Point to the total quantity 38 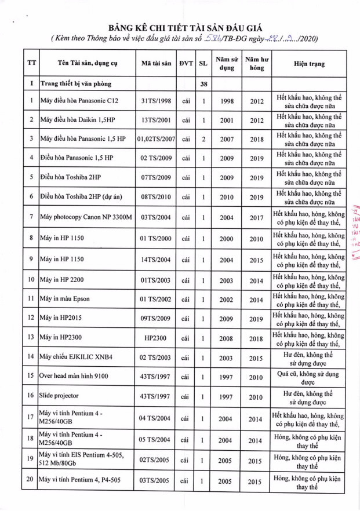(x=203, y=84)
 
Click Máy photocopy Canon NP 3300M (x=86, y=217)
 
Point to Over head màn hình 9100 (x=74, y=377)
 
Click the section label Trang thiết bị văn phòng (x=81, y=84)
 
